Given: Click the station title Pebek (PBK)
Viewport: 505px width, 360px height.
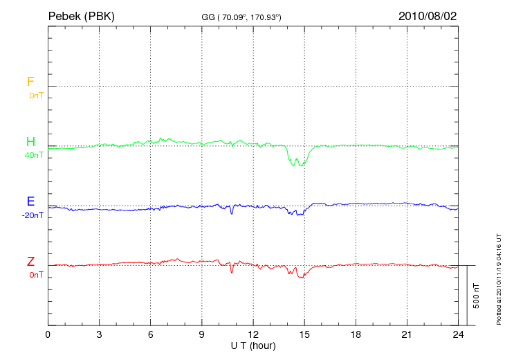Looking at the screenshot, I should [81, 15].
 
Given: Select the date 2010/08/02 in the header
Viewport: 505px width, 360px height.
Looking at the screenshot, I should [428, 15].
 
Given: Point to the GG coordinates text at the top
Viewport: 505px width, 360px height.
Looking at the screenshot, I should [241, 17].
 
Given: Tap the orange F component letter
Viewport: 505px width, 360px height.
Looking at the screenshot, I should [30, 82].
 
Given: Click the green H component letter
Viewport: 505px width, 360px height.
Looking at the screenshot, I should [30, 142].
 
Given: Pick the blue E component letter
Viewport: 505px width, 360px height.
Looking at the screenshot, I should [30, 201].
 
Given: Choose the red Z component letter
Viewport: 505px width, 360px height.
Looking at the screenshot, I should [30, 262].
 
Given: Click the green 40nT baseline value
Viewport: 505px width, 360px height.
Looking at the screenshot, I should [33, 155].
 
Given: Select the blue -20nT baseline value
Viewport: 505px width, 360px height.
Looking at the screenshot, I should [32, 215].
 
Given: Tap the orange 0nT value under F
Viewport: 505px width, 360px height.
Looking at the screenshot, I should [36, 95].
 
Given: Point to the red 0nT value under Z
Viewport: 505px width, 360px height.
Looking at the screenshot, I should [36, 275].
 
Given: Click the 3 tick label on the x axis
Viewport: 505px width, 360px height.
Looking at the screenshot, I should [100, 334].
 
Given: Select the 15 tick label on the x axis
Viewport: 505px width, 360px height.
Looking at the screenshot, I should [304, 334].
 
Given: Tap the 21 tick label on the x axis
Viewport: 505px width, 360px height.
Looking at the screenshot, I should [407, 334].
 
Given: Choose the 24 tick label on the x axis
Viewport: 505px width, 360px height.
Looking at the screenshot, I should [458, 334].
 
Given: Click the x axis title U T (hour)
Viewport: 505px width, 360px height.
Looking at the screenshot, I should [253, 345].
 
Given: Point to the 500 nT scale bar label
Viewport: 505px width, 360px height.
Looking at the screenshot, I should [476, 296].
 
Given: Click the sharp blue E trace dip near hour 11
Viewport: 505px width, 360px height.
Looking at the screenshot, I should [232, 213].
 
